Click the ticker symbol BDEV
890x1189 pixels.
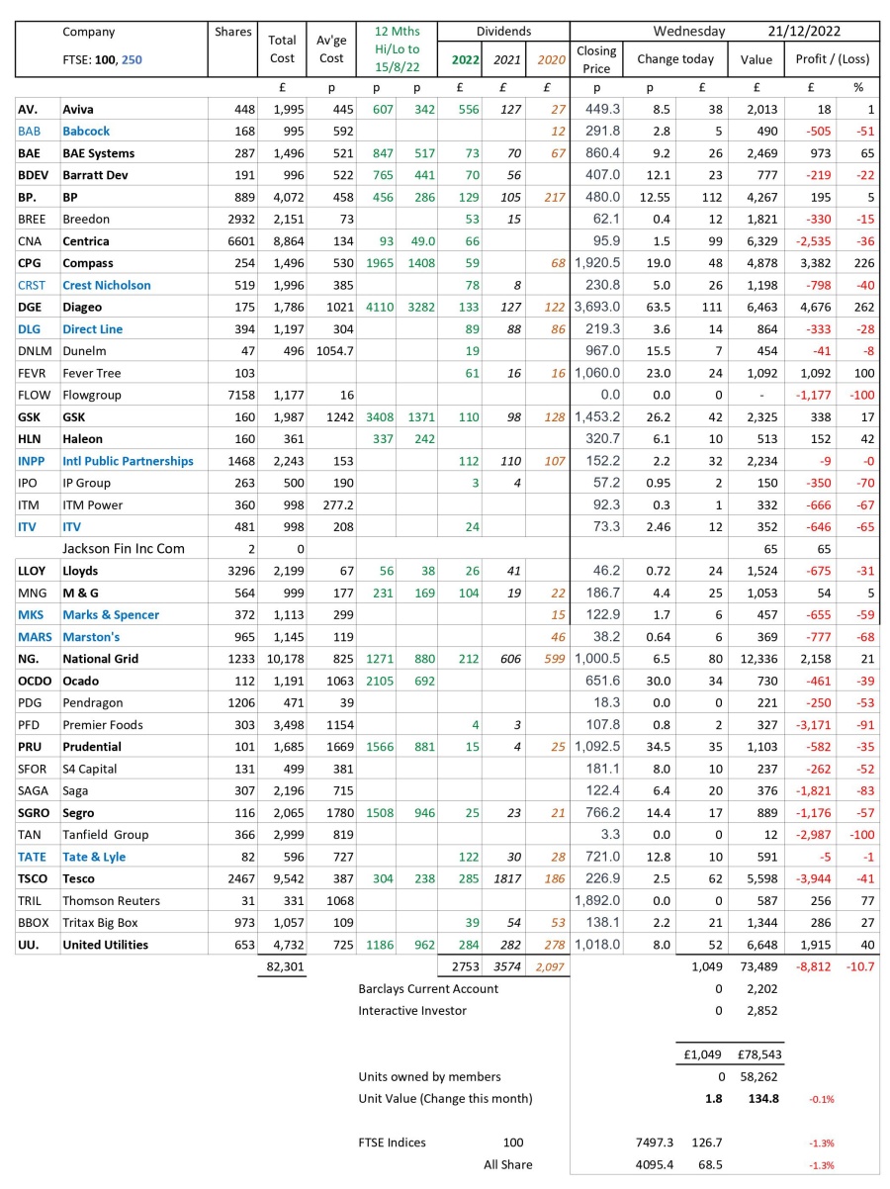35,175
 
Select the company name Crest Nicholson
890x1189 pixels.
107,285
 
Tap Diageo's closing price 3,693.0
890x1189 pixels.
597,307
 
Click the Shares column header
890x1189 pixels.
233,33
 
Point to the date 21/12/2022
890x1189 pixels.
810,32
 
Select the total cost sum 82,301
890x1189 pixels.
282,966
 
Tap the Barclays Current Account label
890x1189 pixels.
428,988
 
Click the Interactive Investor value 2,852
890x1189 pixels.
758,1010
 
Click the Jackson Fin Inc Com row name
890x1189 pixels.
124,548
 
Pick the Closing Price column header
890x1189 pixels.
596,59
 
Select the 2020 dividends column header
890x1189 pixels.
550,59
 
